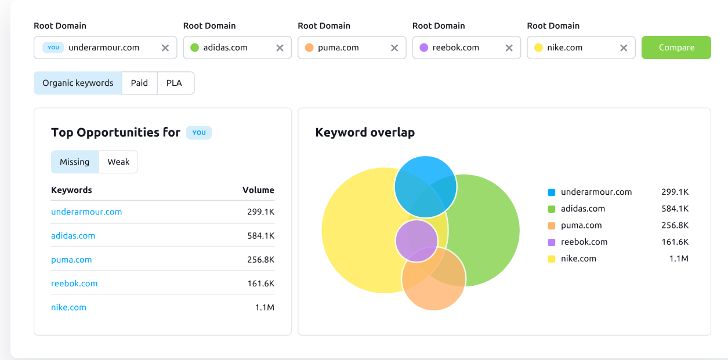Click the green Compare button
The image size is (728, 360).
coord(676,48)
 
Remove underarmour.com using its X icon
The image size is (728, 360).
coord(165,48)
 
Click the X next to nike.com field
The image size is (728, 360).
coord(624,48)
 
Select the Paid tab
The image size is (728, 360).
coord(139,83)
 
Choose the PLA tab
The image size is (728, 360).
coord(174,83)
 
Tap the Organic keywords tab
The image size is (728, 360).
coord(78,83)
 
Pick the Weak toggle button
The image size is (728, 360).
coord(118,162)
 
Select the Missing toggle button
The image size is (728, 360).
coord(75,162)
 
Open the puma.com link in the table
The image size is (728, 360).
coord(71,260)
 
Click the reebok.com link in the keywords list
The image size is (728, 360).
coord(74,283)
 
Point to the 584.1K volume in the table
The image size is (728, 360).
coord(260,235)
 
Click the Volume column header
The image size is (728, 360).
coord(258,190)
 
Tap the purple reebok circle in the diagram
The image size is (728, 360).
coord(416,240)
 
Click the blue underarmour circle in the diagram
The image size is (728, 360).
coord(425,180)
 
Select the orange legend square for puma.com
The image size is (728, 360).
coord(552,226)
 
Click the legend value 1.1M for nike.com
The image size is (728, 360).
coord(679,259)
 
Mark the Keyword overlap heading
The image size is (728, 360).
coord(365,133)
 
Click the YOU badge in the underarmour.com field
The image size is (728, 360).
coord(53,48)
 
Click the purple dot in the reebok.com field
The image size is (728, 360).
coord(423,48)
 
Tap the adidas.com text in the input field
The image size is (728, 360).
coord(225,48)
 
